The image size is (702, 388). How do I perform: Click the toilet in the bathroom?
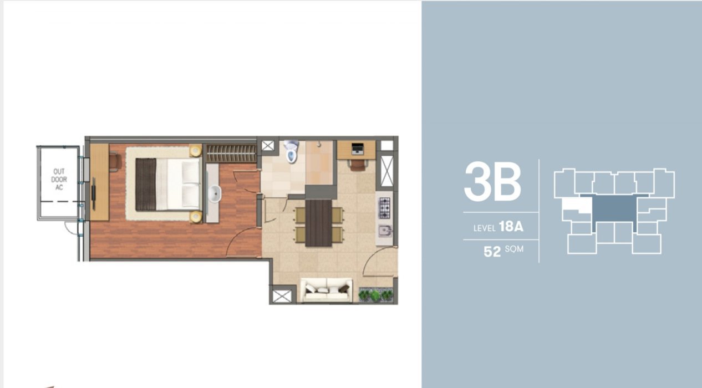292,151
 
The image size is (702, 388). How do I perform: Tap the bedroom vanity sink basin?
215,193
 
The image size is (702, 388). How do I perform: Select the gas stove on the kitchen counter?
384,208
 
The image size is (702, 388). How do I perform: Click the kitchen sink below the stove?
385,231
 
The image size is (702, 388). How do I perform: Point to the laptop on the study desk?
357,149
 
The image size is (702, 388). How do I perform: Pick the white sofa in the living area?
326,290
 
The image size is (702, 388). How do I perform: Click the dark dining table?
318,223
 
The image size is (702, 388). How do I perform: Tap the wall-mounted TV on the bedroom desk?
93,193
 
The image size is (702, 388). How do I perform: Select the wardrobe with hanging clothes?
231,154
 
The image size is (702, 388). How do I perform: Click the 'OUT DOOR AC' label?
59,180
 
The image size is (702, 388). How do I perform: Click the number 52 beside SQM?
492,252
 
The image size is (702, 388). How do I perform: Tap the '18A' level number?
511,226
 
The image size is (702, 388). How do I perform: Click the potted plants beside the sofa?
375,295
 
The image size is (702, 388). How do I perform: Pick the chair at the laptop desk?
357,165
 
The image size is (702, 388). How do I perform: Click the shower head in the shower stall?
319,144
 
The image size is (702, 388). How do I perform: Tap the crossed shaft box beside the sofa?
282,296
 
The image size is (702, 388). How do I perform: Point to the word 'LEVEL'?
485,228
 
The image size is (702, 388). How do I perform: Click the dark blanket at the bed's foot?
146,184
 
